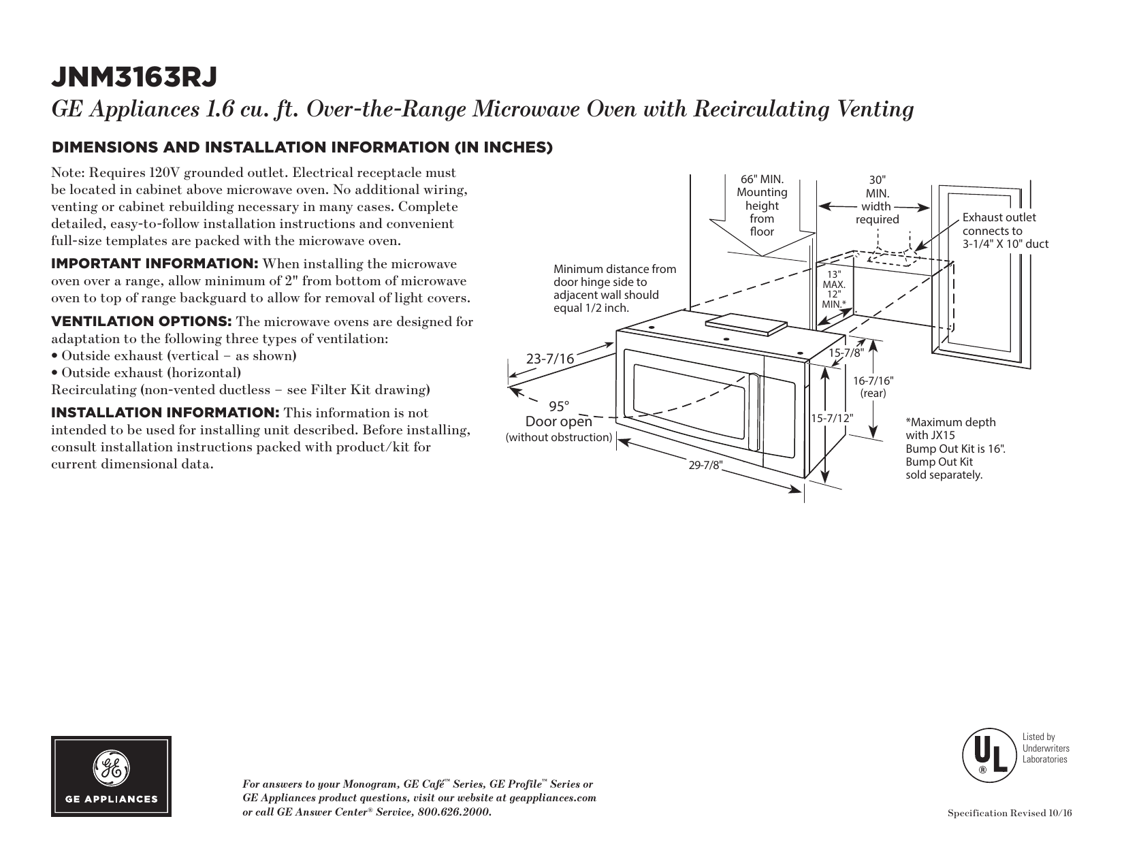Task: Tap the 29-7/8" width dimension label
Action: tap(705, 465)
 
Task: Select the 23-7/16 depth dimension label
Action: tap(549, 358)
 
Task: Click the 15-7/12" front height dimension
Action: tap(832, 417)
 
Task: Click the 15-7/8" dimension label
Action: tap(845, 353)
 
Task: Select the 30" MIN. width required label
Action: tap(877, 199)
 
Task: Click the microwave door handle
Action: tap(754, 411)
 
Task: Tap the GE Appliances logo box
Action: tap(111, 776)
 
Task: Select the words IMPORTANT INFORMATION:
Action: tap(154, 264)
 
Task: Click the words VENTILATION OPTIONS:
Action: tap(142, 321)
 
